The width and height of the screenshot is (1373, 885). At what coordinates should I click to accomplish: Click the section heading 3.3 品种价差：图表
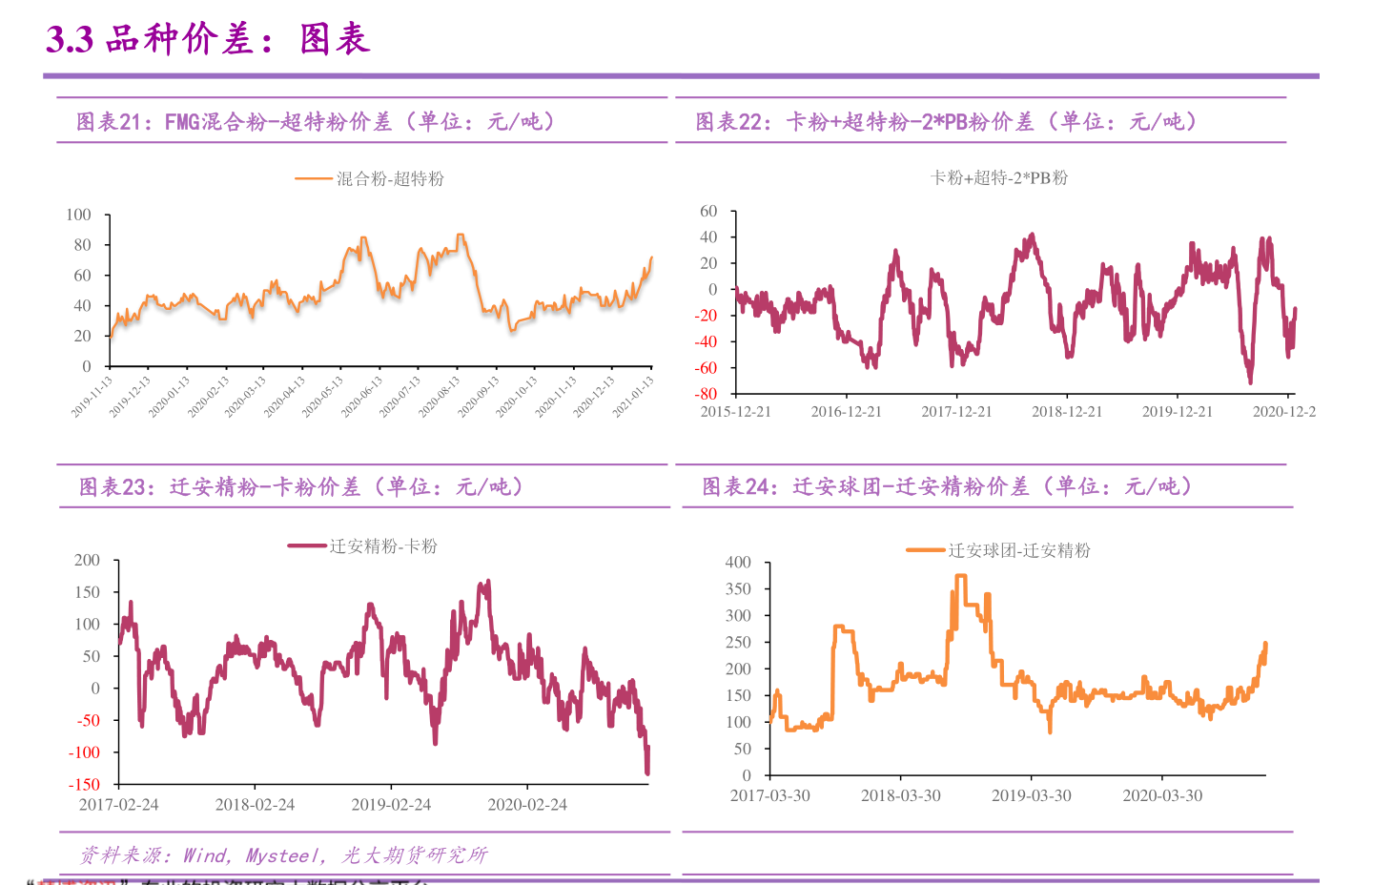(x=208, y=39)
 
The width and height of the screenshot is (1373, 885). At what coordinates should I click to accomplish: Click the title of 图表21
(x=315, y=121)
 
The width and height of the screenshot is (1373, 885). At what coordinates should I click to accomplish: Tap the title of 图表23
(x=300, y=487)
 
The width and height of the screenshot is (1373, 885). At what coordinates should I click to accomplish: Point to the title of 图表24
(x=947, y=486)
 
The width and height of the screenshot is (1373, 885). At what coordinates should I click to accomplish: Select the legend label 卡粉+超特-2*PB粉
(x=998, y=177)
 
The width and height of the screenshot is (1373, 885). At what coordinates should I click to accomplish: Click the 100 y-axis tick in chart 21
(x=79, y=215)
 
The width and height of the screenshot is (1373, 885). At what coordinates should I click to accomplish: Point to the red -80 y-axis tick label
(x=706, y=394)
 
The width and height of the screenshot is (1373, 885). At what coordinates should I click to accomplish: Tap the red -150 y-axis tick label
(x=84, y=784)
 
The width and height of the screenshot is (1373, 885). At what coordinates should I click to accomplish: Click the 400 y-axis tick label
(x=738, y=563)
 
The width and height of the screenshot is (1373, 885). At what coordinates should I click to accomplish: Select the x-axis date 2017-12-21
(x=956, y=412)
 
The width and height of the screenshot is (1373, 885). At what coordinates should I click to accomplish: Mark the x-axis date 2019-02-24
(x=391, y=805)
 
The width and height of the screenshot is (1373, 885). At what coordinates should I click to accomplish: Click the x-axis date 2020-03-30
(x=1162, y=795)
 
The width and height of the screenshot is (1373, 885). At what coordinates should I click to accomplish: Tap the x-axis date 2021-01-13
(x=634, y=396)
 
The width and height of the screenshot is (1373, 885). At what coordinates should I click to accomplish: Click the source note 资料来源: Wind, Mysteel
(x=283, y=855)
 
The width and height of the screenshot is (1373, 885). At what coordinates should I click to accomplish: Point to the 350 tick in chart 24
(x=738, y=589)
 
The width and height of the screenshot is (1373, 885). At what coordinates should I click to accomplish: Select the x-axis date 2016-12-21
(x=846, y=412)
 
